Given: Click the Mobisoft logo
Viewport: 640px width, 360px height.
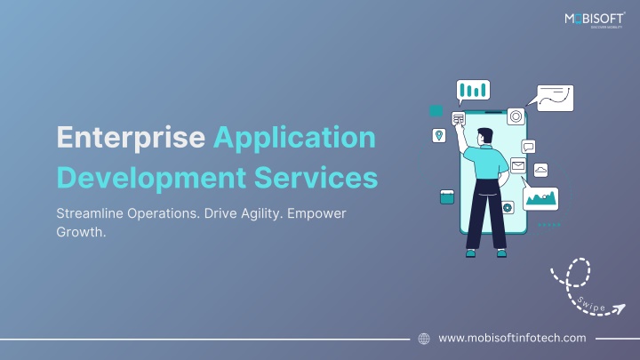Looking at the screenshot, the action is (x=595, y=20).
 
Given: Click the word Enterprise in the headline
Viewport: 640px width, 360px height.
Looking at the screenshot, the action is (x=131, y=137).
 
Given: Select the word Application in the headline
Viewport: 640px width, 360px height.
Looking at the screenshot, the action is (x=294, y=137).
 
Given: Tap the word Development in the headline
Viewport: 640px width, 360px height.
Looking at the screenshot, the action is (x=151, y=178).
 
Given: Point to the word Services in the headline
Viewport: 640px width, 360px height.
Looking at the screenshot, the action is (x=316, y=178).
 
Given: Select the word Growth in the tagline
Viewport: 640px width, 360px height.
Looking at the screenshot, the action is (x=81, y=232).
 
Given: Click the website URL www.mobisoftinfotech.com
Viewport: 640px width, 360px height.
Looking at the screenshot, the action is (x=512, y=338).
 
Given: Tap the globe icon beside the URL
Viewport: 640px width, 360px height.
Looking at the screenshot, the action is (x=424, y=339).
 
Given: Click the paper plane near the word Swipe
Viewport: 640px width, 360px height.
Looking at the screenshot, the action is (x=619, y=309).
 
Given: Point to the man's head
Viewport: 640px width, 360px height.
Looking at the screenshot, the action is (x=485, y=136).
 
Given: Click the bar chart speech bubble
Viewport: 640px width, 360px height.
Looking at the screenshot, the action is (x=473, y=91).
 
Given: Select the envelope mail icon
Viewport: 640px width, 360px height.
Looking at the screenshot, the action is (x=518, y=165).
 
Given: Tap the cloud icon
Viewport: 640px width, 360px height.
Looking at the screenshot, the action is (x=540, y=170).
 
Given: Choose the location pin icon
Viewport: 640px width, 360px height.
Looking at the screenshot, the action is (x=439, y=135).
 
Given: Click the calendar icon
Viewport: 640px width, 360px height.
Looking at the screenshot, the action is (x=447, y=196).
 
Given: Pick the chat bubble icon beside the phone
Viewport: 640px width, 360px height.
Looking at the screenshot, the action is (x=529, y=146).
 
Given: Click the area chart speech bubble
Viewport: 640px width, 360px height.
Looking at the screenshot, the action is (x=540, y=196).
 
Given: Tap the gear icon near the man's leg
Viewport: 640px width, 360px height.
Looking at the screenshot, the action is (x=508, y=207).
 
